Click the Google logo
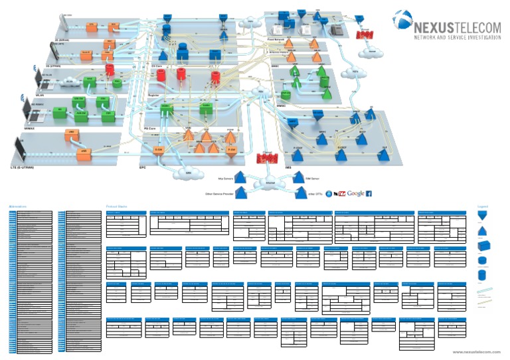(355, 193)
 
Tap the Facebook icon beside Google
(369, 193)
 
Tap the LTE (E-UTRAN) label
(22, 167)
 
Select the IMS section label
(288, 167)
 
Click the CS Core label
(157, 66)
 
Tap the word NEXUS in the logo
(433, 29)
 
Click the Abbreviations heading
(18, 206)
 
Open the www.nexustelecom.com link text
(475, 351)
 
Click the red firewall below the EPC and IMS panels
(267, 159)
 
